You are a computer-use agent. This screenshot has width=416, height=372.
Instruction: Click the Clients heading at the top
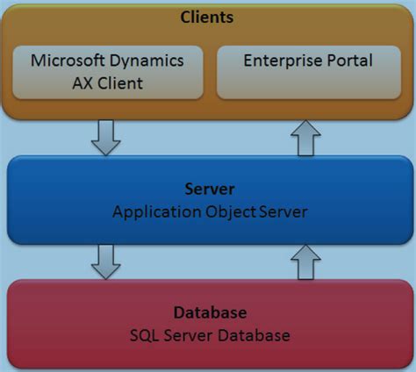[208, 17]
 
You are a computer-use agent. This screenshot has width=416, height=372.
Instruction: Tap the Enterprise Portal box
[308, 72]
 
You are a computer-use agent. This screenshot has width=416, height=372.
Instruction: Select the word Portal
[350, 61]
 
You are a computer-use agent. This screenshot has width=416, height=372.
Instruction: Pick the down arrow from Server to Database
[105, 261]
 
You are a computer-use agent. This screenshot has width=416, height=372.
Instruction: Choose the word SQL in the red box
[143, 335]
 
